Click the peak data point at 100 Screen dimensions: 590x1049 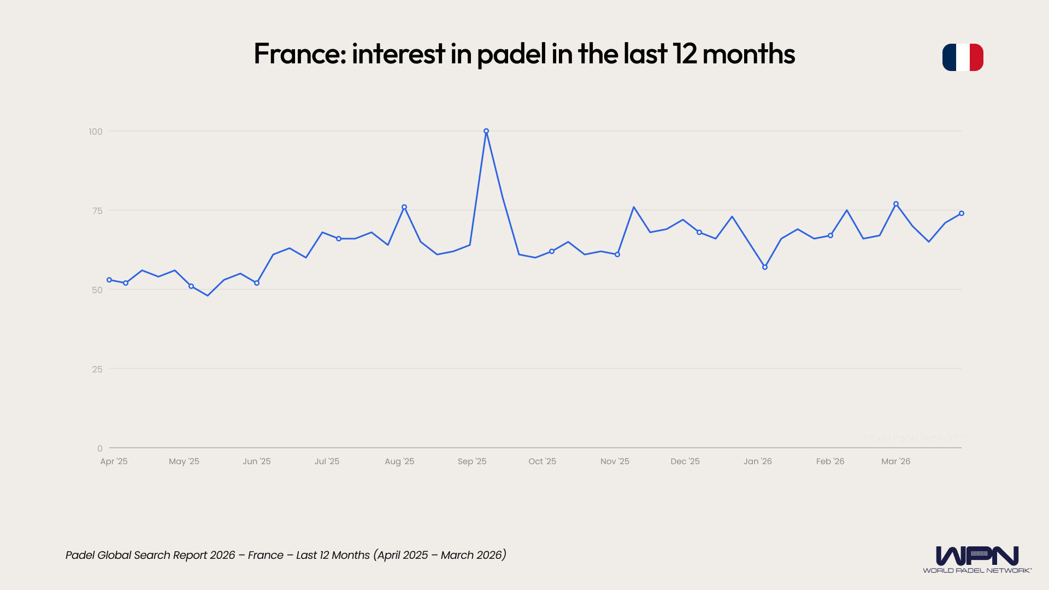pyautogui.click(x=486, y=131)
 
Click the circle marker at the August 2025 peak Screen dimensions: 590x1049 pyautogui.click(x=404, y=207)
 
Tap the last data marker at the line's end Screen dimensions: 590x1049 pyautogui.click(x=962, y=214)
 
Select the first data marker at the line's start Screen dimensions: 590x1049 pyautogui.click(x=109, y=280)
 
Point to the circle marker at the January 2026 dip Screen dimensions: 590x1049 pyautogui.click(x=765, y=267)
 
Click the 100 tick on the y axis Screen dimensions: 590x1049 pyautogui.click(x=96, y=132)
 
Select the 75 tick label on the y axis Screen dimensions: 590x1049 pyautogui.click(x=97, y=211)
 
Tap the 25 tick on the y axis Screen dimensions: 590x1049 pyautogui.click(x=97, y=369)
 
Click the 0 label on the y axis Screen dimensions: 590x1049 pyautogui.click(x=100, y=449)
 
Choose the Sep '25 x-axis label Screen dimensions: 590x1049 pyautogui.click(x=472, y=462)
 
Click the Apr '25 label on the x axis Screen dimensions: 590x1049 pyautogui.click(x=114, y=462)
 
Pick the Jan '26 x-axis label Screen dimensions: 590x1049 pyautogui.click(x=757, y=462)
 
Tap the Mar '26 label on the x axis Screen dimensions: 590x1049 pyautogui.click(x=895, y=462)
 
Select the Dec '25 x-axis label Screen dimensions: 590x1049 pyautogui.click(x=685, y=462)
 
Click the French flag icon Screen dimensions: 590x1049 pyautogui.click(x=963, y=57)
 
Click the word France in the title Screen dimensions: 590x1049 pyautogui.click(x=299, y=54)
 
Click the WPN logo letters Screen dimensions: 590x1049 pyautogui.click(x=977, y=556)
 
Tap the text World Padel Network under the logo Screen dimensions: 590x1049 pyautogui.click(x=977, y=570)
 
